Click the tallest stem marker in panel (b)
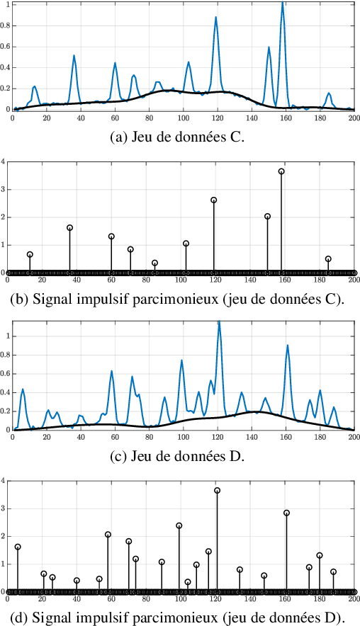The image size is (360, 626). [281, 171]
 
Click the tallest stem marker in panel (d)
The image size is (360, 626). [218, 491]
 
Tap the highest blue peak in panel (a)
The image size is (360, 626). [282, 4]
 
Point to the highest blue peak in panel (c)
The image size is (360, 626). [219, 323]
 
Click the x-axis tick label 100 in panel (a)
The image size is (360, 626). [184, 118]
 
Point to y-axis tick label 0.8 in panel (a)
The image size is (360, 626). [6, 26]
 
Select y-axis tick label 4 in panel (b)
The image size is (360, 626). [4, 161]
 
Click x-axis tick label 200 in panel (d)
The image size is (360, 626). [354, 600]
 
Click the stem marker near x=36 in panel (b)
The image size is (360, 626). [69, 228]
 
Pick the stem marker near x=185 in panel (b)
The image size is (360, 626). [328, 259]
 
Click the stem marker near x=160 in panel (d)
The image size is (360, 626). [286, 513]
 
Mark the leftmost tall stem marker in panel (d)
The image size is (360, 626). [18, 547]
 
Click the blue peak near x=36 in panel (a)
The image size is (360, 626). [74, 56]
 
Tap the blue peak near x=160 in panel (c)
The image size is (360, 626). [287, 346]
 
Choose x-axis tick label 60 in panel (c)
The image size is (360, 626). [115, 438]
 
